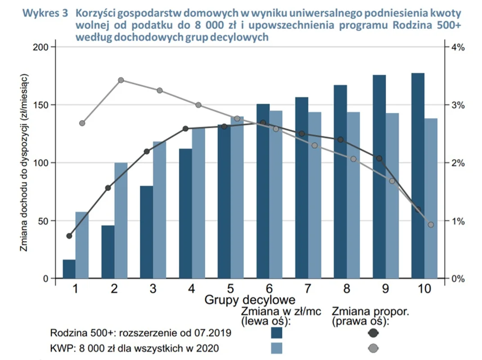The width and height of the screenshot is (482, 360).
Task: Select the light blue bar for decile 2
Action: [120, 220]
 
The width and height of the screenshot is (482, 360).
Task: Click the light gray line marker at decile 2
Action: [121, 80]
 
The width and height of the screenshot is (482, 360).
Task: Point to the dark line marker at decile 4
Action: [185, 129]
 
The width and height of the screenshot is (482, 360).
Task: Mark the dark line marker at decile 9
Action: [379, 158]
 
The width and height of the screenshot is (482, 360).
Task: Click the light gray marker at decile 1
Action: [82, 123]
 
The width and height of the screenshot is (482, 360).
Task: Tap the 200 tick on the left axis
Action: [40, 47]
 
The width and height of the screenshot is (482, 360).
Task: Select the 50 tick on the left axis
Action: [42, 221]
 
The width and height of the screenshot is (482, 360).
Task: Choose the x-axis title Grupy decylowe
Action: [250, 299]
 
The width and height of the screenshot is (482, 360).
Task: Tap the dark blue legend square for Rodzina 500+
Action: [277, 333]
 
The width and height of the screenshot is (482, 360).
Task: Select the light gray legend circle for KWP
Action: [372, 347]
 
